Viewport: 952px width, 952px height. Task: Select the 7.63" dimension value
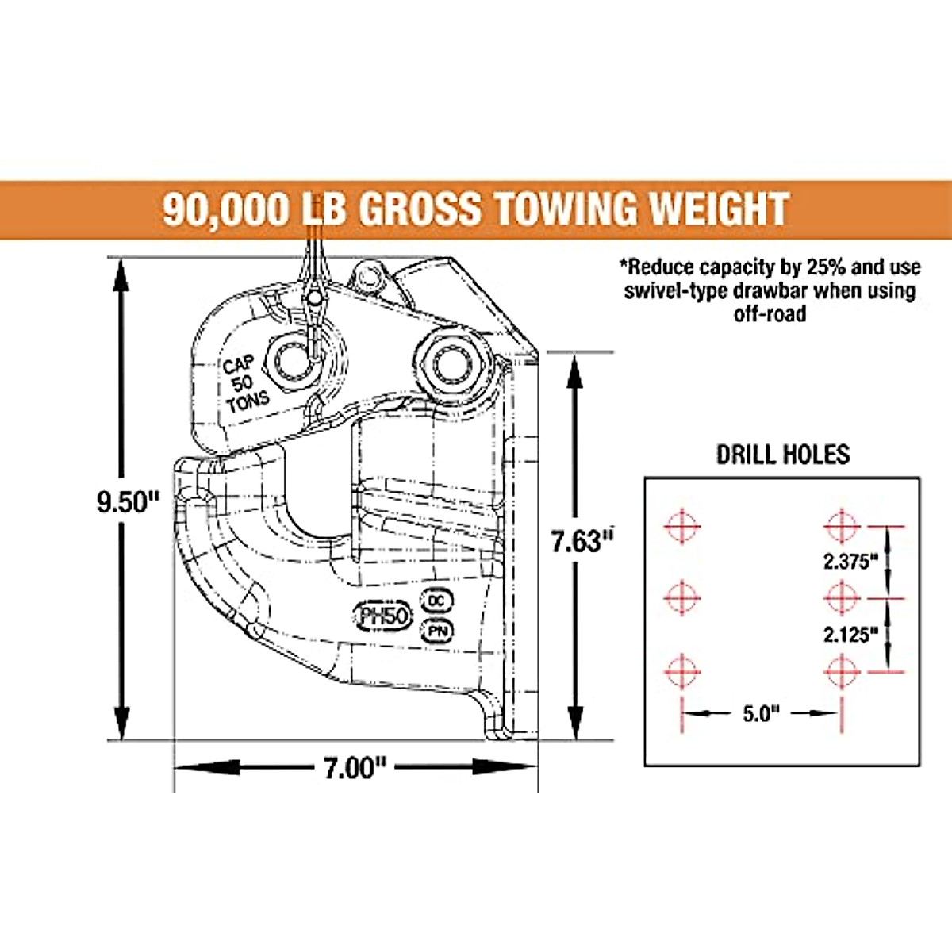click(582, 542)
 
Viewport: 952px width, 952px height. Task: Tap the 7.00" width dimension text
click(355, 770)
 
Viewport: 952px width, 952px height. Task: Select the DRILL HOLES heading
click(783, 455)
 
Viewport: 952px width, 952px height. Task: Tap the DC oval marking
click(436, 601)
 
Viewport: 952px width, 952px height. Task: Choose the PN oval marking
click(436, 631)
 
